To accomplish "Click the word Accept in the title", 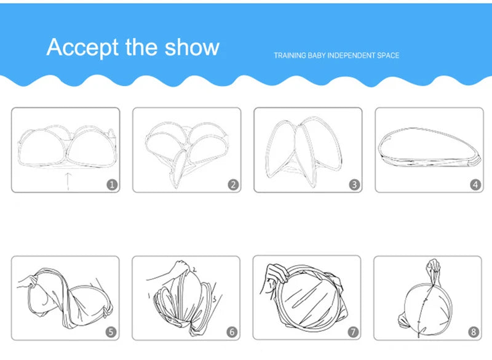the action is tap(82, 48).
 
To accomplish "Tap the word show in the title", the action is tap(192, 47).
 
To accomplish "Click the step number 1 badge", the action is tap(113, 185).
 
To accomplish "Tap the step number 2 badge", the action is tap(233, 185).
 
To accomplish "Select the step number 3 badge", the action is tap(355, 185).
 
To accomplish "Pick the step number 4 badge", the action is tap(475, 185).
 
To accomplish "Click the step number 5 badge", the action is tap(111, 332).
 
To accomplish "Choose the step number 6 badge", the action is tap(232, 332).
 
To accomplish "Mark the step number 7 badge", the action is tap(353, 332).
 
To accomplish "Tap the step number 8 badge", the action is tap(474, 332).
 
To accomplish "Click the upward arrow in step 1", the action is tap(68, 181).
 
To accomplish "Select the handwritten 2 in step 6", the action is tap(194, 269).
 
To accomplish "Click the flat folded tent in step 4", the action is tap(429, 147).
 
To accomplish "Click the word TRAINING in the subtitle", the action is tap(290, 55).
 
